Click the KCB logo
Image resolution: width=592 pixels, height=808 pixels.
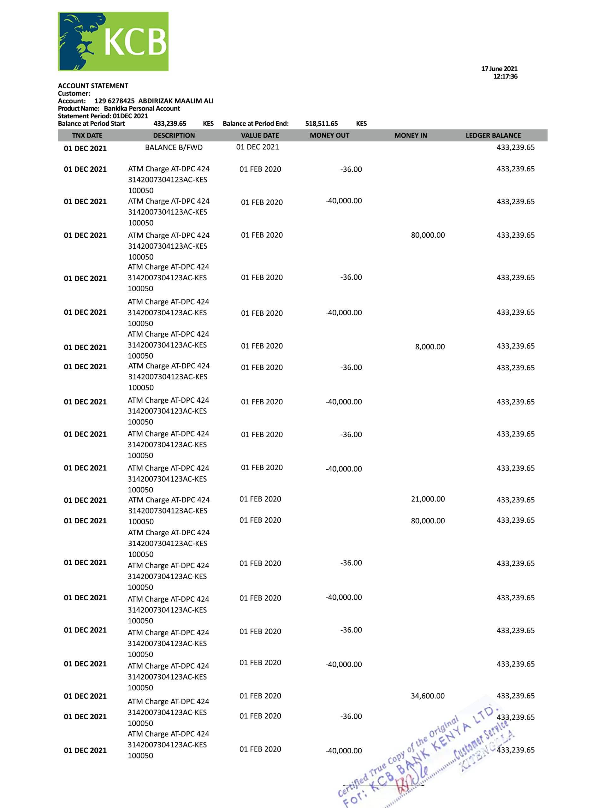[113, 41]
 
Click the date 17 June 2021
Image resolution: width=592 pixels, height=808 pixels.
[499, 68]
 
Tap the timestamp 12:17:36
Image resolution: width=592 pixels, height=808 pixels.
[505, 76]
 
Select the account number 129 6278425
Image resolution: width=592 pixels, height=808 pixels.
[114, 101]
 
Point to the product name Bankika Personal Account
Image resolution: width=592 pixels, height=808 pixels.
[142, 109]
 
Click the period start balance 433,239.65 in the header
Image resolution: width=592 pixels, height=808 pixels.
[170, 124]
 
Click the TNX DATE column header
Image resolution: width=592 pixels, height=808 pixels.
[87, 135]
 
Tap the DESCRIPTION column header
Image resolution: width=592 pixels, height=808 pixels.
[174, 135]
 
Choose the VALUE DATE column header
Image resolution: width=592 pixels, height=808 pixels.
[260, 135]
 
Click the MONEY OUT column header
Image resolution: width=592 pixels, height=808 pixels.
[329, 135]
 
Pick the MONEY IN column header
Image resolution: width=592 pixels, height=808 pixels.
[410, 135]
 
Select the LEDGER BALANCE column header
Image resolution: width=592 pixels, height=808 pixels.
[493, 135]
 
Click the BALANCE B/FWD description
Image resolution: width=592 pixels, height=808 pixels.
[174, 148]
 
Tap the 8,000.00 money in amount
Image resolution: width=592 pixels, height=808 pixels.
[430, 347]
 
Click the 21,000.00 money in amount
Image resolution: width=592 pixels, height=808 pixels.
[428, 499]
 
